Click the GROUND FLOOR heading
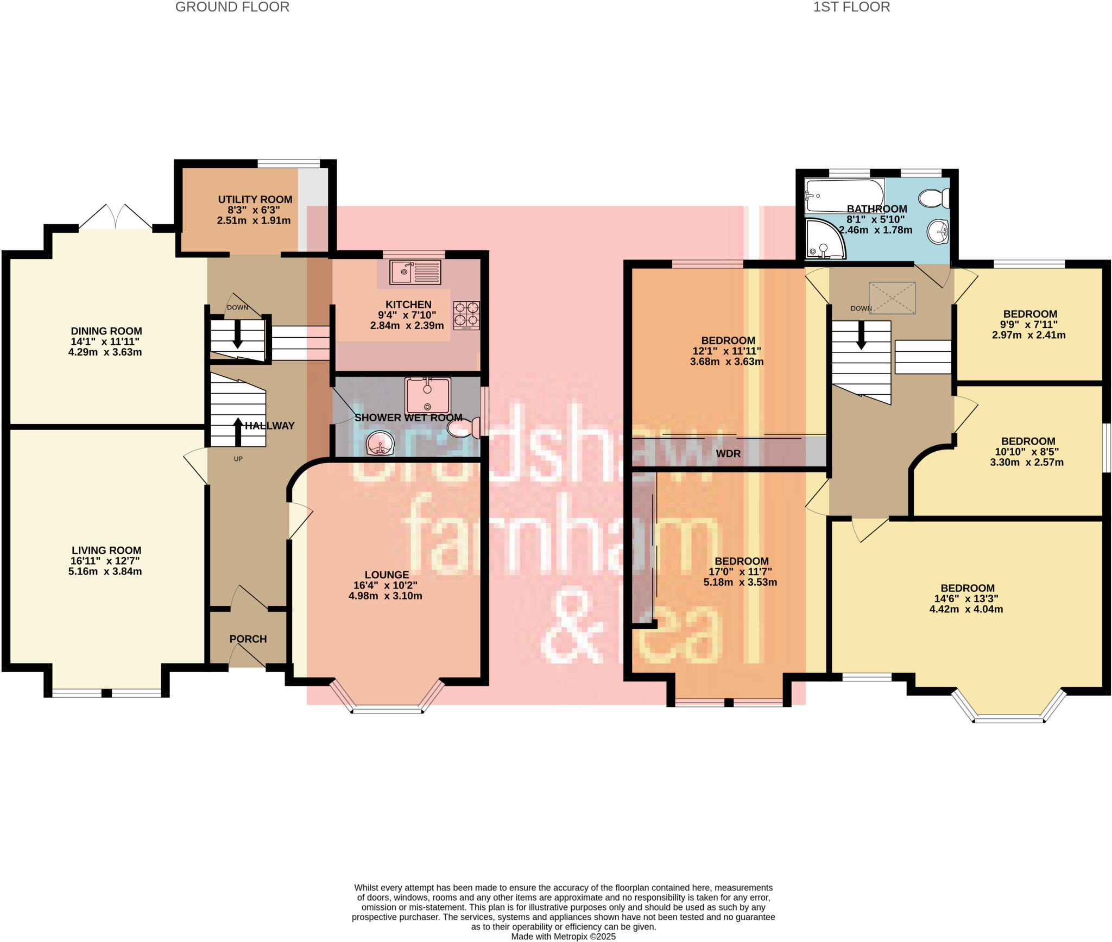tap(232, 7)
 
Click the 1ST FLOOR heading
tap(851, 7)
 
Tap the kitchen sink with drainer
tap(415, 272)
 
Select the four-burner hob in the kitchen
tap(466, 315)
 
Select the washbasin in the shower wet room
tap(381, 443)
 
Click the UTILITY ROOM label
tap(255, 200)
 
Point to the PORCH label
tap(248, 639)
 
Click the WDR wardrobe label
tap(728, 453)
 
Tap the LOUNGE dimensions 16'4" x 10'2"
tap(385, 585)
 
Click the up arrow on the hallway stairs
tap(238, 431)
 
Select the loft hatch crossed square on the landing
tap(892, 298)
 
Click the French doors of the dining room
tap(116, 218)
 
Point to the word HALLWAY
tap(269, 426)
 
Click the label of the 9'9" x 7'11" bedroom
tap(1029, 314)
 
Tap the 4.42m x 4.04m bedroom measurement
tap(966, 609)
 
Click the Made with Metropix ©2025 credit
tap(563, 937)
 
